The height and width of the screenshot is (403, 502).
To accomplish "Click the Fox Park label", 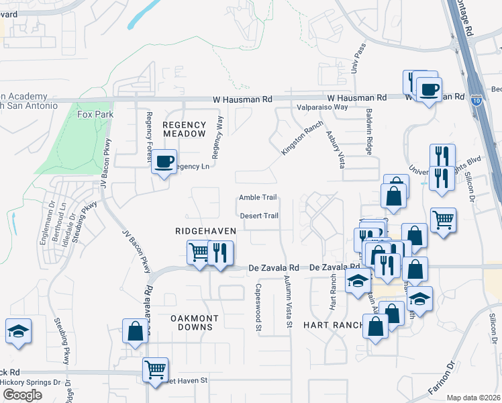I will [x=95, y=115].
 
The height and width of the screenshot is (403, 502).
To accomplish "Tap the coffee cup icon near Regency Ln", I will [x=164, y=162].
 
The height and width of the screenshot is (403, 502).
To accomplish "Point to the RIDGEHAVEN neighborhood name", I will [x=205, y=230].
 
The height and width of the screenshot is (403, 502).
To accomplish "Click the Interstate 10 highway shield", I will [x=475, y=98].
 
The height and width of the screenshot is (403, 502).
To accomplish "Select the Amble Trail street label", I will [x=258, y=197].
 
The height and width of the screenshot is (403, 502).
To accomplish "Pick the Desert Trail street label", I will [x=259, y=216].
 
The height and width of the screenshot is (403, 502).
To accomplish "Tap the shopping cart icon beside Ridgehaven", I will [x=199, y=253].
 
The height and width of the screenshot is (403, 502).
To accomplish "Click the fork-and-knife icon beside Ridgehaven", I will [x=221, y=253].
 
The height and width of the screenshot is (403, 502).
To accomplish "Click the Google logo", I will [x=22, y=394].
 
